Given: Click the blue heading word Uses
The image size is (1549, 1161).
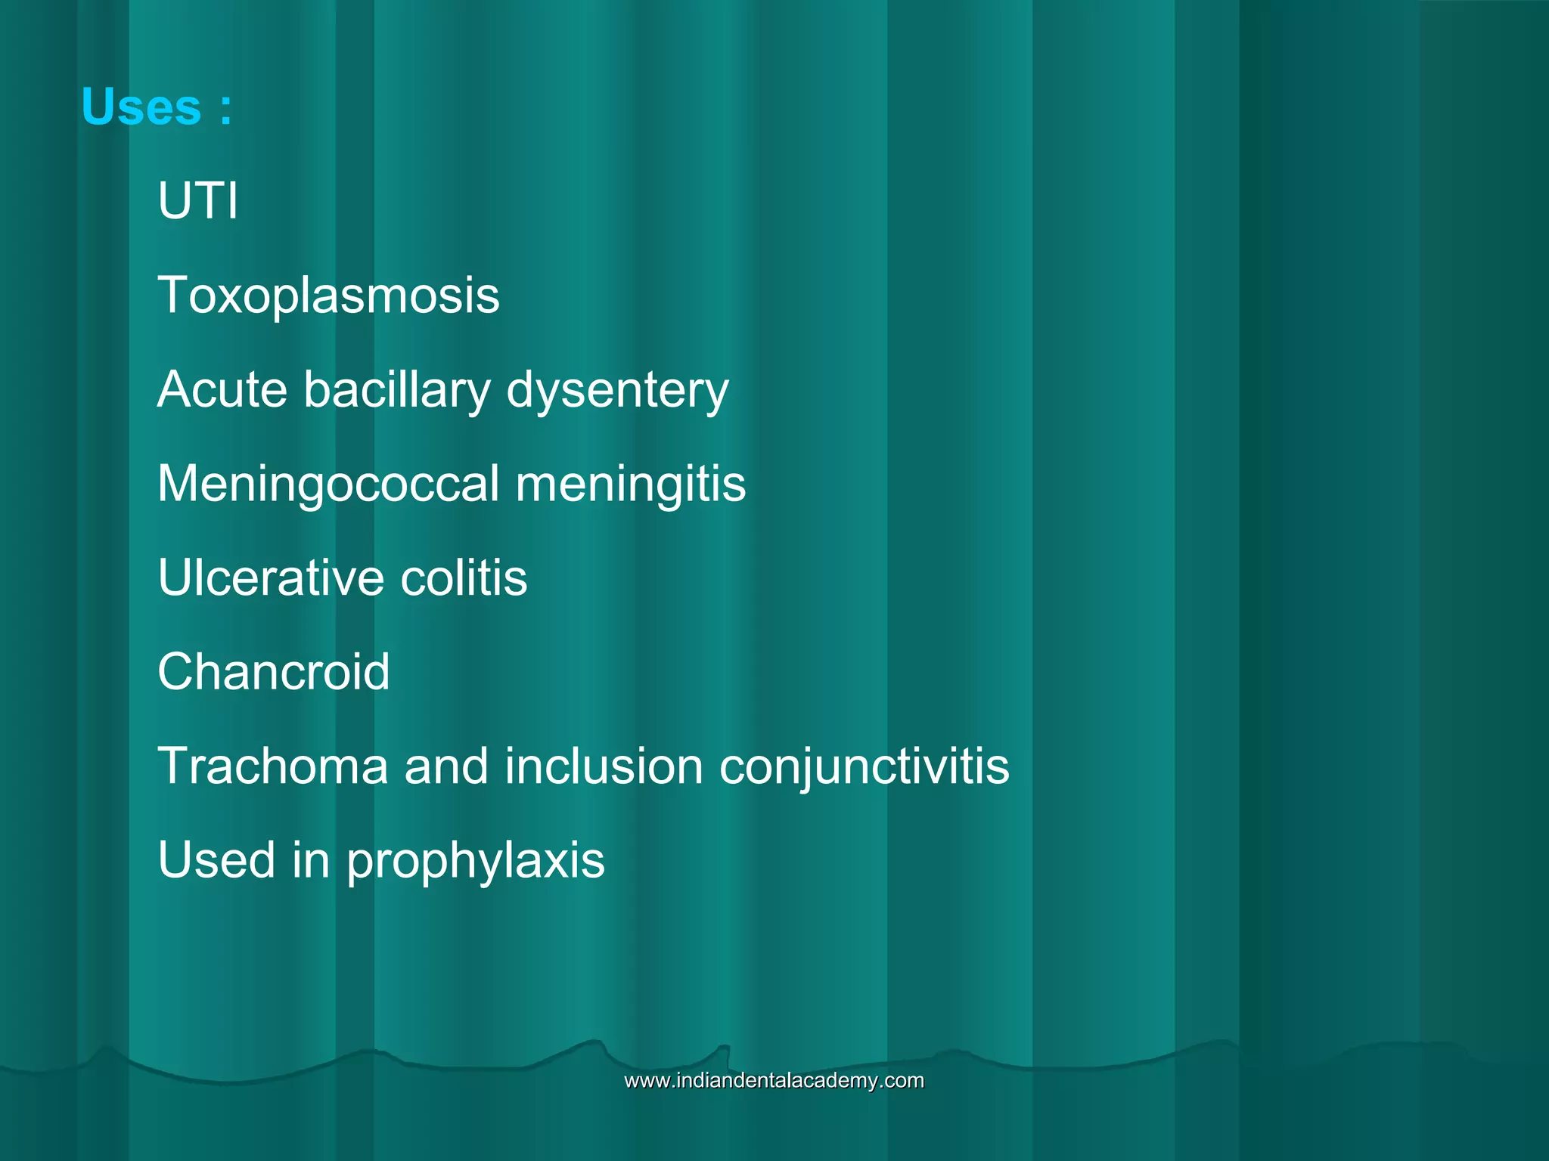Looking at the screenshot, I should (x=141, y=107).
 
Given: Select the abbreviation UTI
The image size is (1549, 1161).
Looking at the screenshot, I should (x=197, y=201).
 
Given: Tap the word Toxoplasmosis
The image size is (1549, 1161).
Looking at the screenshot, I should (x=328, y=295).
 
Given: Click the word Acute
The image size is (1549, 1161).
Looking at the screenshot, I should (x=222, y=389).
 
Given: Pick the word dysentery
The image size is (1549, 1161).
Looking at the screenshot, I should (x=617, y=391).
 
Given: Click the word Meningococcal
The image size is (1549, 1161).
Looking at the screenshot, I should (x=328, y=484).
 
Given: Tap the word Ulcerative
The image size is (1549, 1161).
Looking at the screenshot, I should (x=270, y=577).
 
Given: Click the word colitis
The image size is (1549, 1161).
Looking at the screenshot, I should (x=463, y=577).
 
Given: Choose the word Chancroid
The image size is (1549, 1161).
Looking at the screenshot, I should (x=273, y=671).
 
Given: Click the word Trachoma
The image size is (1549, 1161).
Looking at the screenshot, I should (x=272, y=766).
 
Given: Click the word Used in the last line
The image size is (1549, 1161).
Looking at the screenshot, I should (x=217, y=860).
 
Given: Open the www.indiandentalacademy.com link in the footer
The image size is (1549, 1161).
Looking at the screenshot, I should (x=774, y=1081).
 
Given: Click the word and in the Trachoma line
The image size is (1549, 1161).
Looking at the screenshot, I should (x=447, y=766).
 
